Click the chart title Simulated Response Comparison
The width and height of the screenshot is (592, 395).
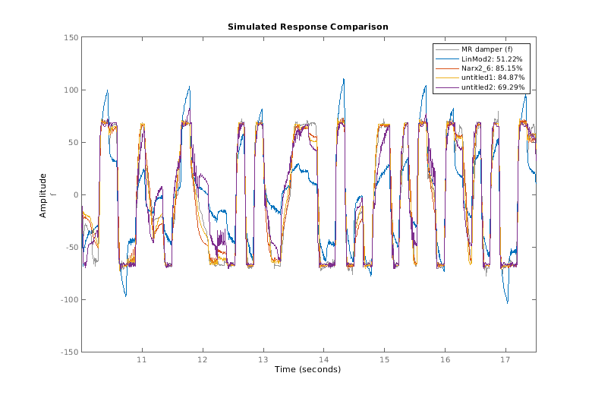(x=307, y=27)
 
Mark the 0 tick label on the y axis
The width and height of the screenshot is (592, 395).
(x=74, y=194)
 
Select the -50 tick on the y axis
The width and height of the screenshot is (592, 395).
(x=69, y=248)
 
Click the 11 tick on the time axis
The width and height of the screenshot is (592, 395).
(x=141, y=360)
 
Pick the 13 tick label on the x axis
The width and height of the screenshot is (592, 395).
(x=263, y=360)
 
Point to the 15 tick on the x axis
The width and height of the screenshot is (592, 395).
(x=384, y=360)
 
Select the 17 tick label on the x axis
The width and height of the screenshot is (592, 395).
(x=505, y=360)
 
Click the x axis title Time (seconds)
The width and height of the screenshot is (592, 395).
(x=307, y=369)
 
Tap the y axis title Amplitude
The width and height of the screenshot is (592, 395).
(x=43, y=195)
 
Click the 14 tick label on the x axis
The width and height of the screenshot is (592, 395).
(x=323, y=360)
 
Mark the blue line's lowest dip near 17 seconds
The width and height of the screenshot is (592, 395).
(x=507, y=303)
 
